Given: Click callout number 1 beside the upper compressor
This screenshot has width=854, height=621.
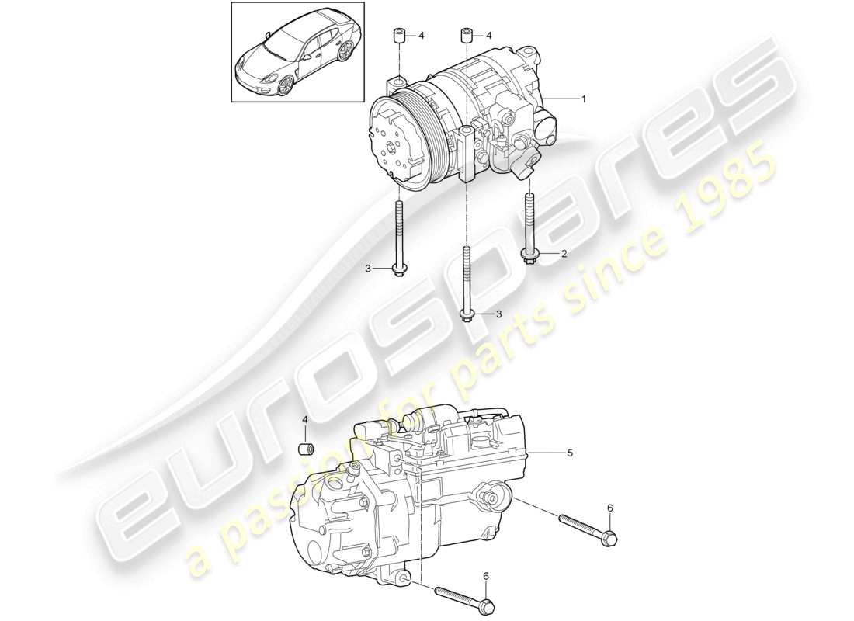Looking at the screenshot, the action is tap(584, 99).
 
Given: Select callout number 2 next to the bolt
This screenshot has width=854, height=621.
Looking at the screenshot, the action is tap(564, 253).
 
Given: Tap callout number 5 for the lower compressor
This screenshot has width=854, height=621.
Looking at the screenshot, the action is tap(570, 452).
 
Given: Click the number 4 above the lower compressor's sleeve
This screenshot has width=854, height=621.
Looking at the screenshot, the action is tap(306, 420).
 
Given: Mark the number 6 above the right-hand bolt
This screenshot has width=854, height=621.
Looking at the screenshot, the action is tap(610, 508).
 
